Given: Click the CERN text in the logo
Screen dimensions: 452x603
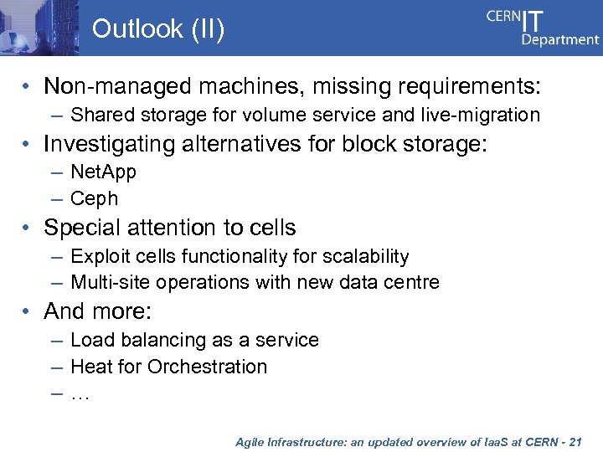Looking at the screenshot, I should click(503, 18).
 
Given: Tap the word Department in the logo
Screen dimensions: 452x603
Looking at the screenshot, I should click(560, 39).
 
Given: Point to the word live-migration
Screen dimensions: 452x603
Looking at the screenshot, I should click(481, 115).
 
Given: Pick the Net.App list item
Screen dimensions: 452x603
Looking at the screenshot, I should click(103, 172).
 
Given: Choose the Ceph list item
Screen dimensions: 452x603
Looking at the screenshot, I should click(94, 199).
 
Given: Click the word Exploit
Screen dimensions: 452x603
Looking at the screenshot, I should click(97, 256).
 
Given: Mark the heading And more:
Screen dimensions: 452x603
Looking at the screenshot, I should click(97, 311).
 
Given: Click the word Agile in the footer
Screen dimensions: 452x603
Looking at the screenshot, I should click(250, 440).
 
